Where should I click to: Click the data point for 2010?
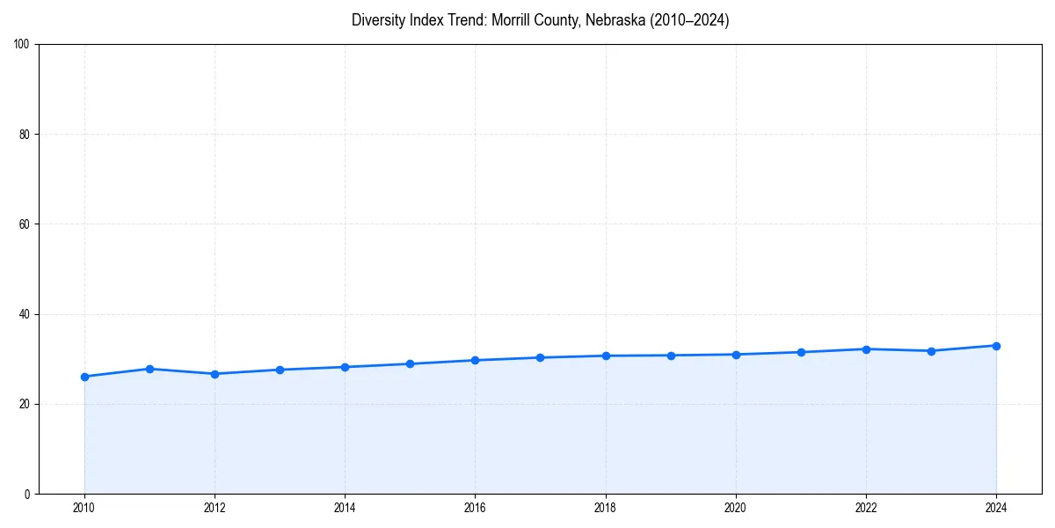point(84,377)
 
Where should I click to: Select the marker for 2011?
point(149,369)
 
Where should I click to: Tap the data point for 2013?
point(280,370)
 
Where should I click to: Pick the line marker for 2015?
point(410,363)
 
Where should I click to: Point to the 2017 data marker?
point(540,357)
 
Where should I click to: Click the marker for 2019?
point(671,356)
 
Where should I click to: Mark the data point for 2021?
point(801,352)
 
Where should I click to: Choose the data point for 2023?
point(931,351)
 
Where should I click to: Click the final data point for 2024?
point(996,346)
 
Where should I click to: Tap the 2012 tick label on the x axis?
point(215,508)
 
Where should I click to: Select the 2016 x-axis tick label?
point(475,508)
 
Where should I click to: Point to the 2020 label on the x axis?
point(736,508)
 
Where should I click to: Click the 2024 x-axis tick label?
point(996,508)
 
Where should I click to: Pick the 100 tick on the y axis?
point(23,45)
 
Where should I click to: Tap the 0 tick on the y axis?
point(28,494)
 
